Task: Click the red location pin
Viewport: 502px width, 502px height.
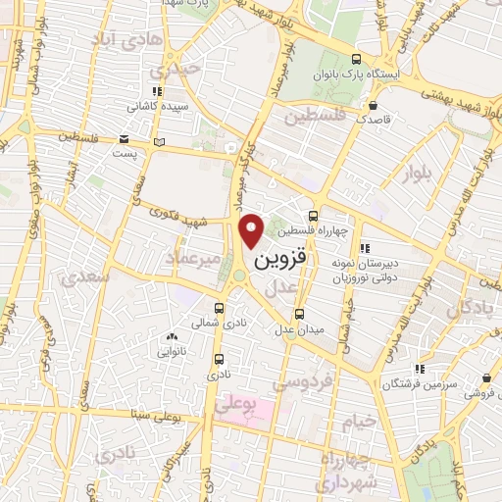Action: [x=252, y=230]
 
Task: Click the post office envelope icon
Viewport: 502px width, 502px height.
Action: [x=124, y=139]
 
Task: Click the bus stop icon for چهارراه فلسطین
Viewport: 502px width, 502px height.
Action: [x=313, y=216]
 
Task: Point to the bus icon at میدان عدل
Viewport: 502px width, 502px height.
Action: [x=300, y=314]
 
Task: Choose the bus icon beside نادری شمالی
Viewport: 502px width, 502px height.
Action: [x=233, y=306]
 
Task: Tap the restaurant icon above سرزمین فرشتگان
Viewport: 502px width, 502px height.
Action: [x=420, y=369]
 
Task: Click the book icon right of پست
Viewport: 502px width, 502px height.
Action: [x=160, y=142]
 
